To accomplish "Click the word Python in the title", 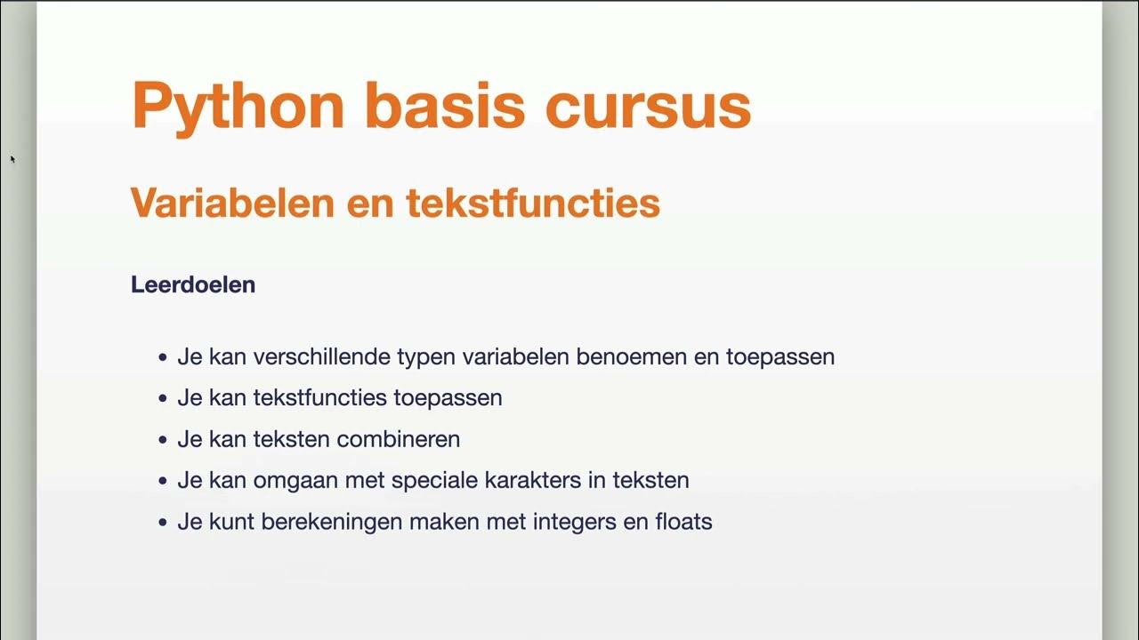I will click(x=238, y=107).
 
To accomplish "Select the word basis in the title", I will click(x=445, y=107).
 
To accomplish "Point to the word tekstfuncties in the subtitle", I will click(x=533, y=203).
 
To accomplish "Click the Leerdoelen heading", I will click(x=193, y=284).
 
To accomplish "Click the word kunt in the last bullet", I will click(x=229, y=522).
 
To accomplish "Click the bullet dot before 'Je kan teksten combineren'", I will click(x=162, y=440).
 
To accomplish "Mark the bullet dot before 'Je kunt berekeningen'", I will click(x=162, y=523).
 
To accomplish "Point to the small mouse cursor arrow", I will click(x=12, y=159).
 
